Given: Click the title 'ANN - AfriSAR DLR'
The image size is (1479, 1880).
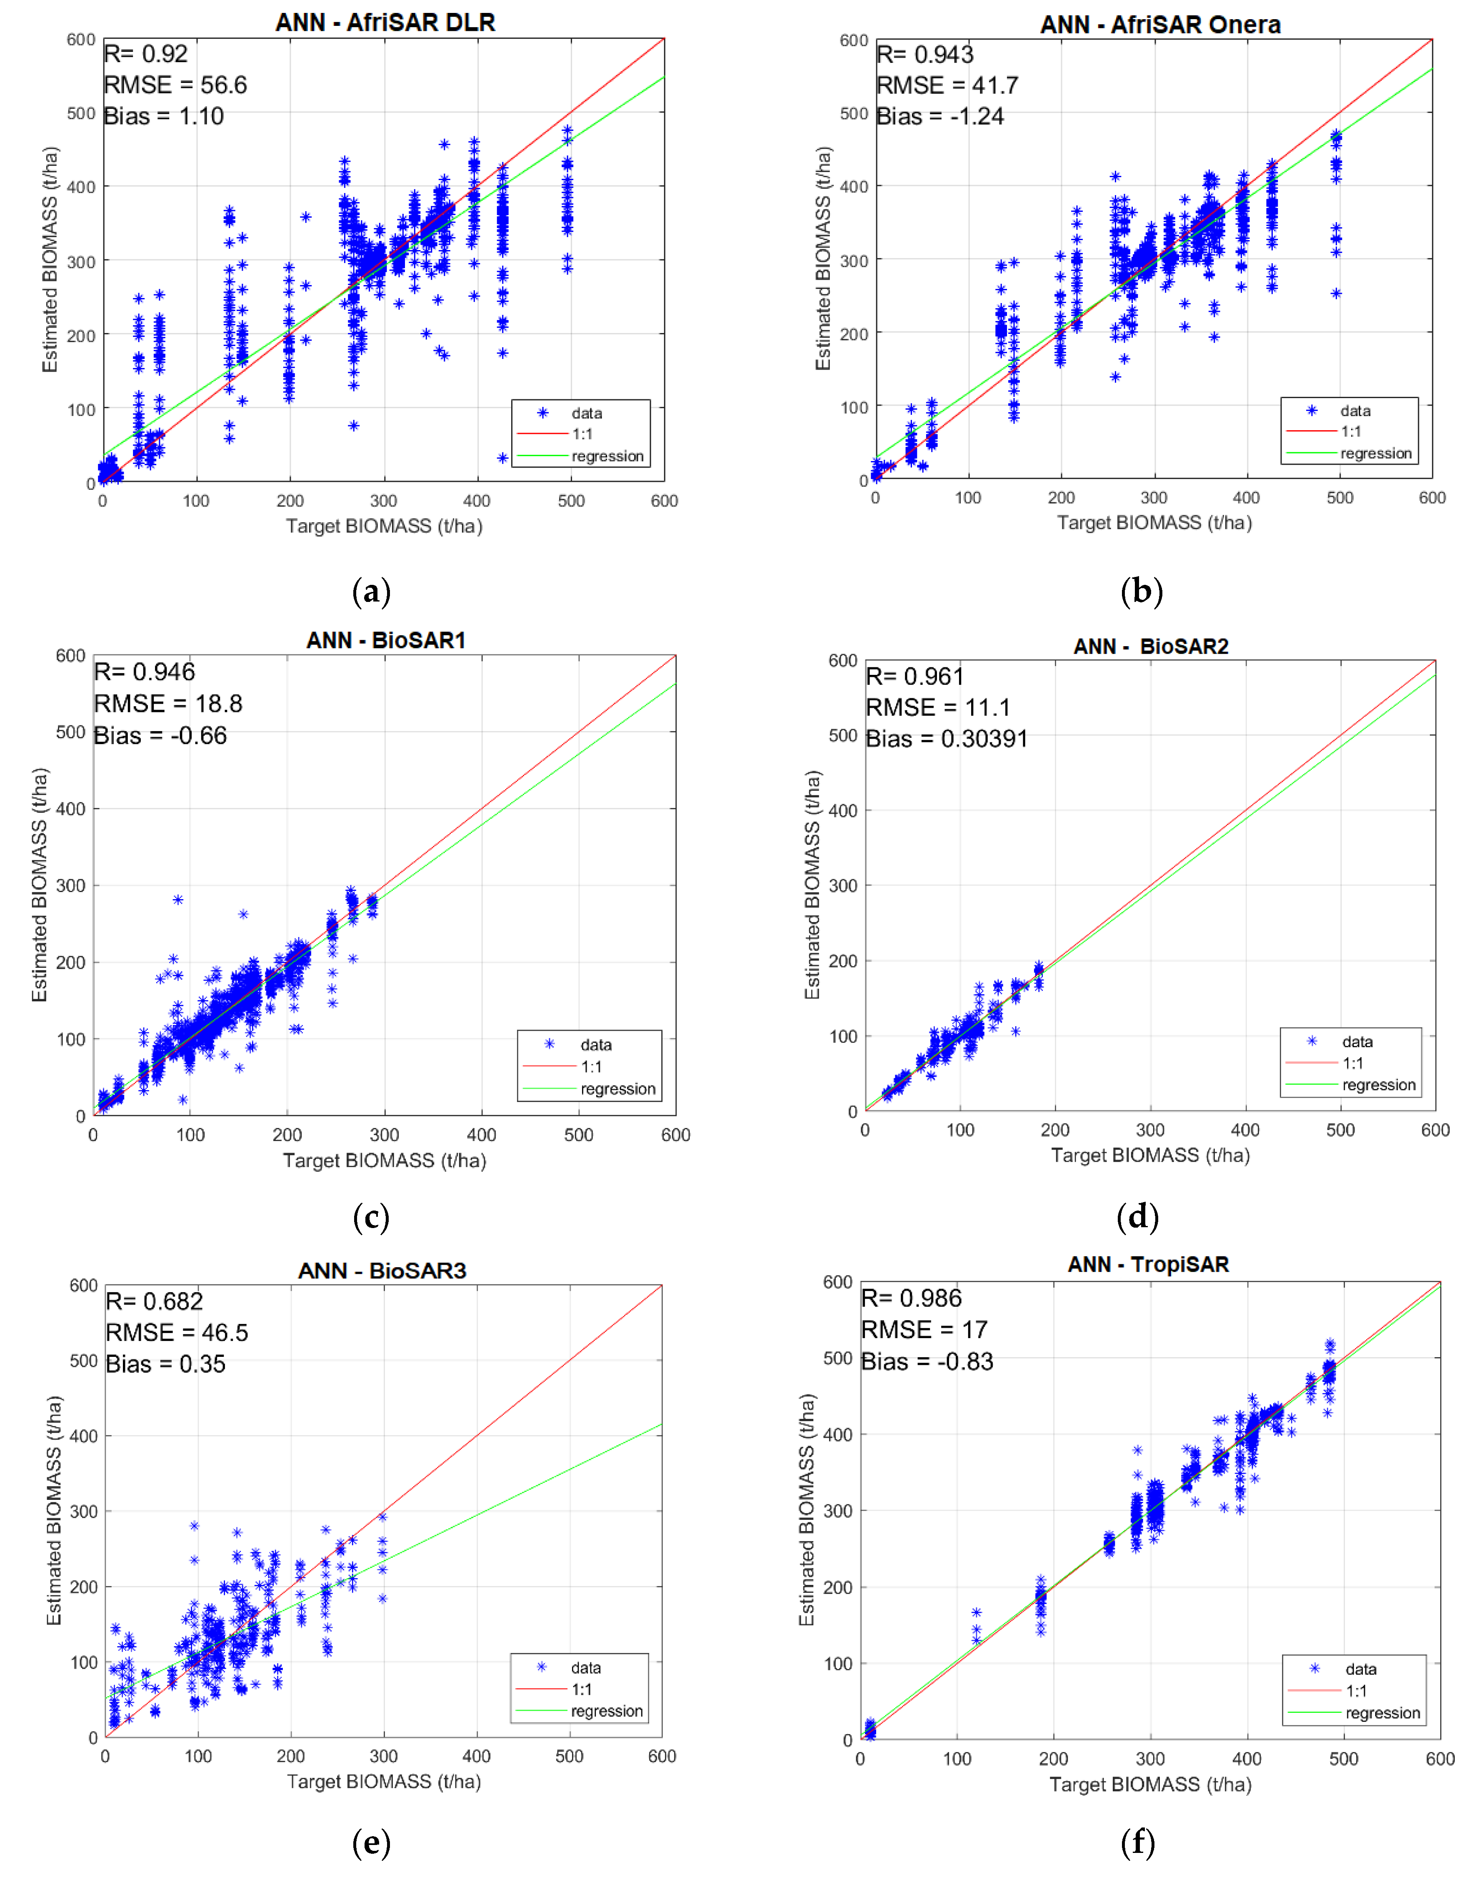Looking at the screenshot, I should pos(385,23).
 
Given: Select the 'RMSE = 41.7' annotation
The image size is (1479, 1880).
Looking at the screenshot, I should pos(947,85).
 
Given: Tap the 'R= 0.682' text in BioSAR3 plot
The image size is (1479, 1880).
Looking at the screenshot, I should pos(154,1301).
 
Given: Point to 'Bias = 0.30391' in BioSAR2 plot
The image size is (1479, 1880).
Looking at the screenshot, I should pos(947,739).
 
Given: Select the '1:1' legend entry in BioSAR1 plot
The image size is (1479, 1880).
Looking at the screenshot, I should pos(592,1066).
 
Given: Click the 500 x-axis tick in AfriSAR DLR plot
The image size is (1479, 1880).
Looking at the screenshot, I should pos(571,501).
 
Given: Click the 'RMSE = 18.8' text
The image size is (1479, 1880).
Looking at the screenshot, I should pos(168,704).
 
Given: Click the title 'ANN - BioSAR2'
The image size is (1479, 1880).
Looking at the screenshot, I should pos(1151,646).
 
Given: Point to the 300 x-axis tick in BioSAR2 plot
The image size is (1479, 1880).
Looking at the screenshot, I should pos(1150,1130).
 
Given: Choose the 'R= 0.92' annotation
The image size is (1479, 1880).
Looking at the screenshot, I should pos(145,54).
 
